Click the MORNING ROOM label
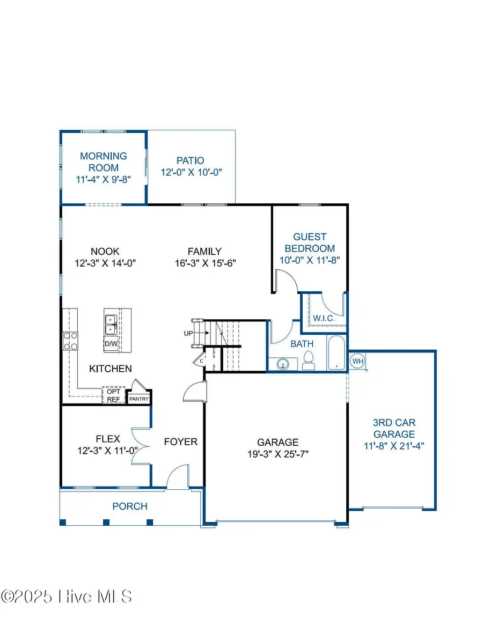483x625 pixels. (x=104, y=161)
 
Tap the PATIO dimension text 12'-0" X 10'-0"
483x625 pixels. (x=191, y=172)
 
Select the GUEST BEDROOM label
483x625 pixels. (x=310, y=242)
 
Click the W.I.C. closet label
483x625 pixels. (x=324, y=318)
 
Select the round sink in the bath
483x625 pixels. (x=282, y=365)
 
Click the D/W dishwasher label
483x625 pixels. (x=111, y=343)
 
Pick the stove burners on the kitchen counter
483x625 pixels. (x=71, y=341)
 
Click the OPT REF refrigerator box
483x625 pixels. (x=113, y=395)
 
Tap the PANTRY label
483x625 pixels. (x=138, y=399)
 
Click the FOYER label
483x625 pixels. (x=181, y=442)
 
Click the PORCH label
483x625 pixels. (x=130, y=506)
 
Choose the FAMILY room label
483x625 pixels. (x=204, y=251)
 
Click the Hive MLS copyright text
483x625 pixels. (x=67, y=597)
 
